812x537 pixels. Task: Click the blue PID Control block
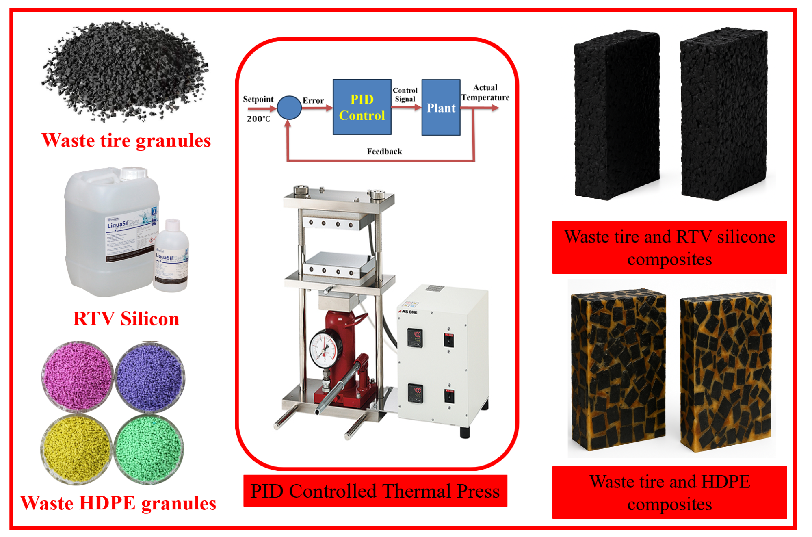point(362,107)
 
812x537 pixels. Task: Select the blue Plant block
point(441,108)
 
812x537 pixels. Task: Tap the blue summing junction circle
point(289,108)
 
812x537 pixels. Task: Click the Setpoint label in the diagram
point(258,99)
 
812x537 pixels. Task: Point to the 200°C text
point(258,119)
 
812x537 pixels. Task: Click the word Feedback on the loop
point(384,152)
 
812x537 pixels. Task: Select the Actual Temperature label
point(485,93)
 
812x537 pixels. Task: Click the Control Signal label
point(405,95)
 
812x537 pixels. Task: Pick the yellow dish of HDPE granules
point(76,449)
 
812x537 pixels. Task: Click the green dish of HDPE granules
point(149,449)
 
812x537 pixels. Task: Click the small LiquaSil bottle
point(171,258)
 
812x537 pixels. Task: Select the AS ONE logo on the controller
point(408,312)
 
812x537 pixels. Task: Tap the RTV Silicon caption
point(126,318)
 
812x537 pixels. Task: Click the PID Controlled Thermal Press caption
point(375,491)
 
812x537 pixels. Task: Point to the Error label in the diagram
point(313,100)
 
